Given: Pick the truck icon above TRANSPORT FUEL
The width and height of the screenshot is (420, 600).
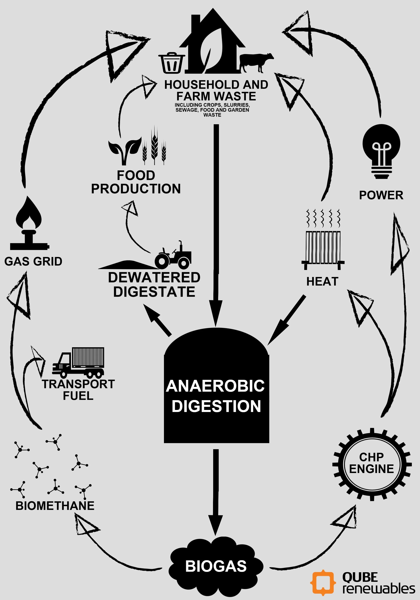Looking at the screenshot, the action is [x=78, y=362].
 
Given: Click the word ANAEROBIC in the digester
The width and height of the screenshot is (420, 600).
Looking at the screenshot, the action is [x=215, y=386].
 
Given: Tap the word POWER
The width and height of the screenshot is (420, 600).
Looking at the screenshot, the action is [x=381, y=195].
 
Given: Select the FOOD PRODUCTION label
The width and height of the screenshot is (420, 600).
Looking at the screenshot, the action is [x=136, y=182].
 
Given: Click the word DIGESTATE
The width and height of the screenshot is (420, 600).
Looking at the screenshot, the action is [x=154, y=292].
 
